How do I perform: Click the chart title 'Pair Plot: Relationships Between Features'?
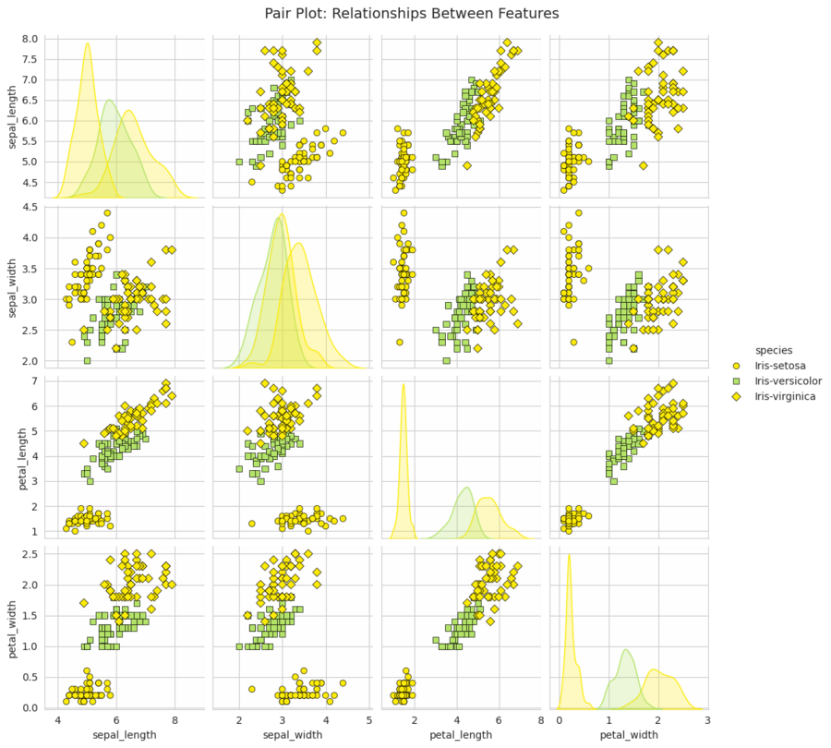pyautogui.click(x=412, y=13)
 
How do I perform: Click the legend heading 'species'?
pyautogui.click(x=773, y=350)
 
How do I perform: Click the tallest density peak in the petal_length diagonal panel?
pyautogui.click(x=403, y=384)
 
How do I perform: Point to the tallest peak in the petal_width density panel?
pyautogui.click(x=569, y=554)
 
